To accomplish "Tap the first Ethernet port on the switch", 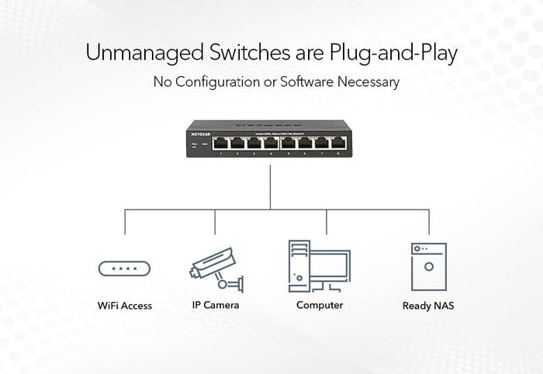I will pos(221,143).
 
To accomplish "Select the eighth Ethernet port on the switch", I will pos(338,143).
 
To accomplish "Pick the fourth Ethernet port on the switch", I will pos(271,143).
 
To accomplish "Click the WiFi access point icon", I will pos(124,269).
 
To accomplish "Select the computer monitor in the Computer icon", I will pos(330,268).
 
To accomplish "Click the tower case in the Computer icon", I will pos(298,265).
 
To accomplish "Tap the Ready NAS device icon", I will pos(428,266).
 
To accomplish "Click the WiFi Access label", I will pos(125,306).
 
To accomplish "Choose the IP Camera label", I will pos(216,305).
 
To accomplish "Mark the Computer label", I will pos(320,305).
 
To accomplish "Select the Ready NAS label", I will pos(428,306).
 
